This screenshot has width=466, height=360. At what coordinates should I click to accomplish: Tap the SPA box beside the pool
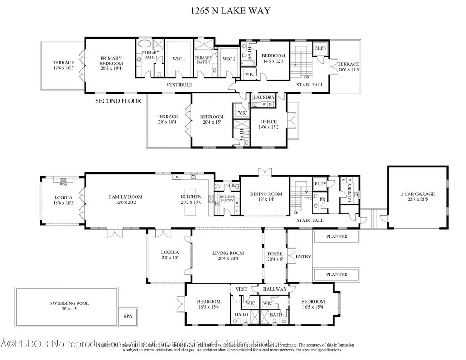point(128,316)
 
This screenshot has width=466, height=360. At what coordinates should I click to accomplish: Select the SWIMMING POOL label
point(69,303)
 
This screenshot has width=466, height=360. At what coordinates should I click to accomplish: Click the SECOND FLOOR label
point(118,101)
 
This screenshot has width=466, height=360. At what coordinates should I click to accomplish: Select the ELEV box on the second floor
point(320,48)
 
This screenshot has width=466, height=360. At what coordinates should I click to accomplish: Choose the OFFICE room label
point(268,121)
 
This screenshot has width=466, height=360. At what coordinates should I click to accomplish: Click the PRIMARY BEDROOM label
point(111,61)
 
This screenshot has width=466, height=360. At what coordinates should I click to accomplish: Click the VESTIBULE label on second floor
point(179,85)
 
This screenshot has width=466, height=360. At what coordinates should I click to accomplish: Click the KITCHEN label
point(191,197)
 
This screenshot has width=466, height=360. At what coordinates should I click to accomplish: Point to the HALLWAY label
point(274,289)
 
